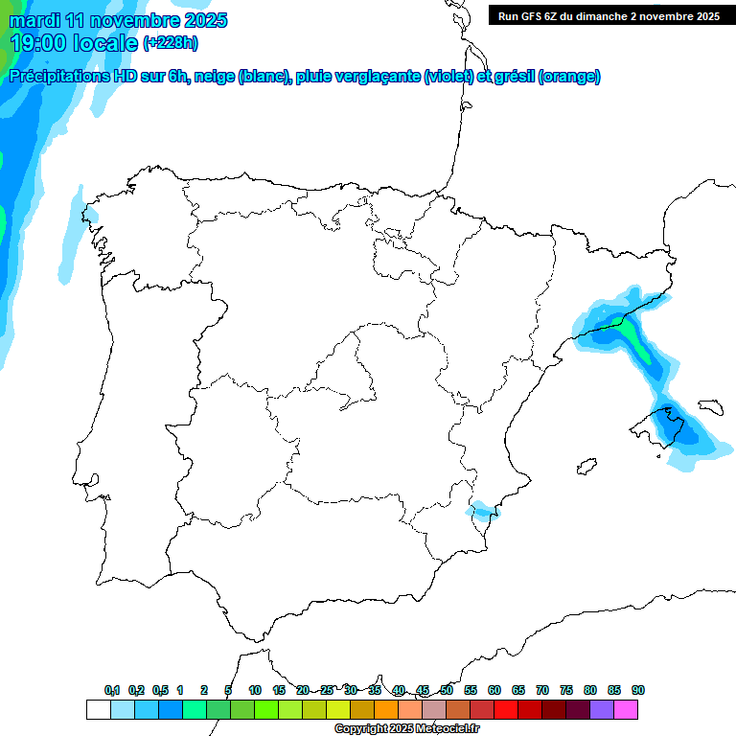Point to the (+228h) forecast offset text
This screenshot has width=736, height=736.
170,43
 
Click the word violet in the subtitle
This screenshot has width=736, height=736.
448,77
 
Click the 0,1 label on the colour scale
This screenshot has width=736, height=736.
112,690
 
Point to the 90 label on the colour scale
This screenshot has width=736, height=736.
638,690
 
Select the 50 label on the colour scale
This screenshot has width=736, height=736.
447,690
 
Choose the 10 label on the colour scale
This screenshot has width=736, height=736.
255,690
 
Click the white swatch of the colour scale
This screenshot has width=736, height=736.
98,709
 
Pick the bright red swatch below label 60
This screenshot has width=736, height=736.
506,709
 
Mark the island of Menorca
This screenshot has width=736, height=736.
711,406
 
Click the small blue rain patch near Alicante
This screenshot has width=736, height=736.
483,511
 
